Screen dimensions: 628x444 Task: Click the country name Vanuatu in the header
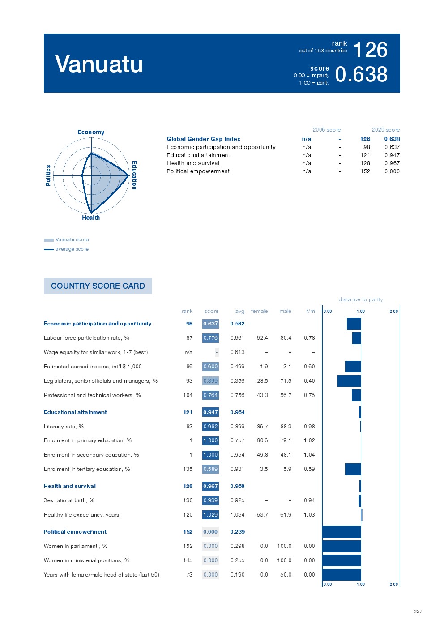[x=99, y=64]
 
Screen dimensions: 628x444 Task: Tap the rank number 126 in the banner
[x=370, y=50]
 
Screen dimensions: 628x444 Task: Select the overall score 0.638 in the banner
[x=361, y=74]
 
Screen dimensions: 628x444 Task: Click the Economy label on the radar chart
[x=91, y=132]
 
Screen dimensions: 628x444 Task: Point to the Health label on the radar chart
[x=91, y=218]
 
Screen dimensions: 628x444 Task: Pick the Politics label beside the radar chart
[x=48, y=175]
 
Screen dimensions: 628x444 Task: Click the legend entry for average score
[x=72, y=249]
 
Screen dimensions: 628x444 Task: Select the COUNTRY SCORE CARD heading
[x=98, y=286]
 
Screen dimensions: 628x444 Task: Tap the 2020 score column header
[x=385, y=130]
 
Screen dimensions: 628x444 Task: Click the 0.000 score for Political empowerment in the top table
[x=392, y=171]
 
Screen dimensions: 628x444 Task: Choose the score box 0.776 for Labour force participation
[x=210, y=338]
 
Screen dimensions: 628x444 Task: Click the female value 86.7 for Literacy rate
[x=262, y=427]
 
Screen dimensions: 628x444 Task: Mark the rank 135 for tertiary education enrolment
[x=188, y=469]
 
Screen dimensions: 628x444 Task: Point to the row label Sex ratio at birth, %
[x=69, y=500]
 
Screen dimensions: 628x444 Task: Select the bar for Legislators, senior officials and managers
[x=349, y=381]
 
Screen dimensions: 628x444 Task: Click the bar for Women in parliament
[x=342, y=546]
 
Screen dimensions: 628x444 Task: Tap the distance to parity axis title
[x=360, y=299]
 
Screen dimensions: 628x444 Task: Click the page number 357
[x=418, y=611]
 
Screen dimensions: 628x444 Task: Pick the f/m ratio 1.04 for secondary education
[x=309, y=455]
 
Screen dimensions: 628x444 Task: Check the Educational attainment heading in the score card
[x=75, y=412]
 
